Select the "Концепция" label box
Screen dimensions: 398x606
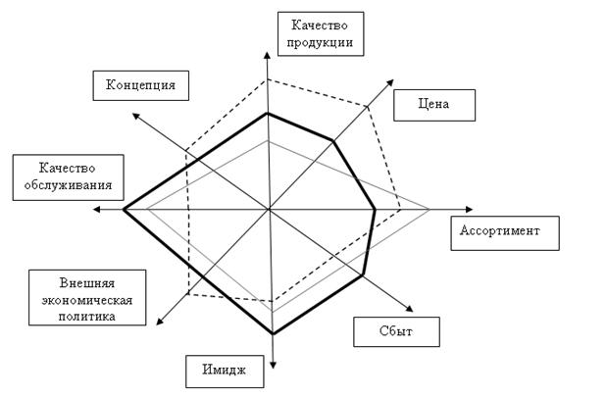click(140, 85)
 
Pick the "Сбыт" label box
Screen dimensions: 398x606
click(395, 331)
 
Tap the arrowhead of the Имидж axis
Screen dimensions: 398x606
click(272, 361)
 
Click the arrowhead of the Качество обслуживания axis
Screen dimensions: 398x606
click(95, 210)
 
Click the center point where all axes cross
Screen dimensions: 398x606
click(269, 210)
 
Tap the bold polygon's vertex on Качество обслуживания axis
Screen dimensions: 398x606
click(124, 210)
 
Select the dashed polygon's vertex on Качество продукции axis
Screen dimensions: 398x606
click(268, 79)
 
